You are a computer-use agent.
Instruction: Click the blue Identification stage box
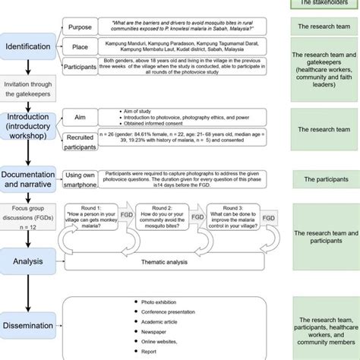click(30, 46)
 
